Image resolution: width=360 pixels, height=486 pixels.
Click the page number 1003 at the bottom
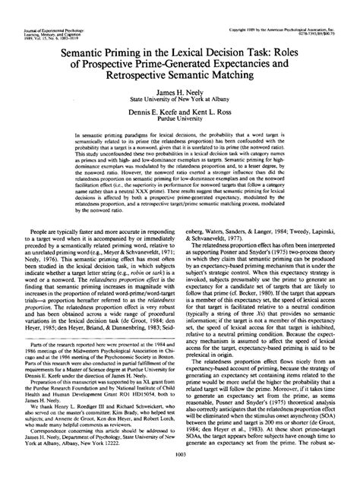(x=180, y=475)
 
